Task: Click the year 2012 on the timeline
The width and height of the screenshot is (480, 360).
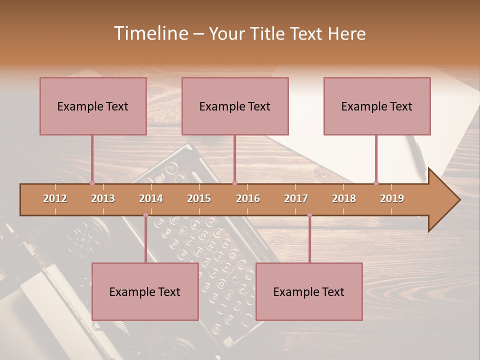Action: pyautogui.click(x=55, y=198)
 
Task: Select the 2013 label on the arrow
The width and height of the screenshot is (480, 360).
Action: pyautogui.click(x=103, y=198)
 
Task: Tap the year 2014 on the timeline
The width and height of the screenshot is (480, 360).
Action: pyautogui.click(x=151, y=198)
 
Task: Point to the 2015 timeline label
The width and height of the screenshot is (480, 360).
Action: pyautogui.click(x=199, y=198)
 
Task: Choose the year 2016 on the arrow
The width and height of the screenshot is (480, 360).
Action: pyautogui.click(x=248, y=198)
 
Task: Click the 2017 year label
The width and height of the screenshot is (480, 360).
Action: pyautogui.click(x=296, y=198)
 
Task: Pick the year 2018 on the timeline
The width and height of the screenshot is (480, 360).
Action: pyautogui.click(x=344, y=198)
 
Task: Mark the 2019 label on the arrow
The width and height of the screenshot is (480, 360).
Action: pyautogui.click(x=392, y=198)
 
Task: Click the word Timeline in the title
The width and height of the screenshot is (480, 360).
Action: pyautogui.click(x=149, y=33)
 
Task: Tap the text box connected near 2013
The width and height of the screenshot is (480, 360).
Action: pyautogui.click(x=93, y=106)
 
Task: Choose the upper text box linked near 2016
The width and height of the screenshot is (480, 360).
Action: pyautogui.click(x=235, y=106)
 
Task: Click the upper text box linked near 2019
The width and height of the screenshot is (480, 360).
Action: pyautogui.click(x=377, y=106)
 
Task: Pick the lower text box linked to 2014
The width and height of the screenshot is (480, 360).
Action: pyautogui.click(x=145, y=291)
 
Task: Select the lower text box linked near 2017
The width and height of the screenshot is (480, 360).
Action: pyautogui.click(x=309, y=291)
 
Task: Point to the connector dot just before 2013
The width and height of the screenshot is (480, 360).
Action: pyautogui.click(x=92, y=183)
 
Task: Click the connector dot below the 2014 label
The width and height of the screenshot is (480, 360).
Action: pyautogui.click(x=145, y=215)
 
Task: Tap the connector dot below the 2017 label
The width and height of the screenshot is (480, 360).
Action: pyautogui.click(x=309, y=215)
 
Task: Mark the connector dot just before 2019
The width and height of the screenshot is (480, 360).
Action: pyautogui.click(x=376, y=183)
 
